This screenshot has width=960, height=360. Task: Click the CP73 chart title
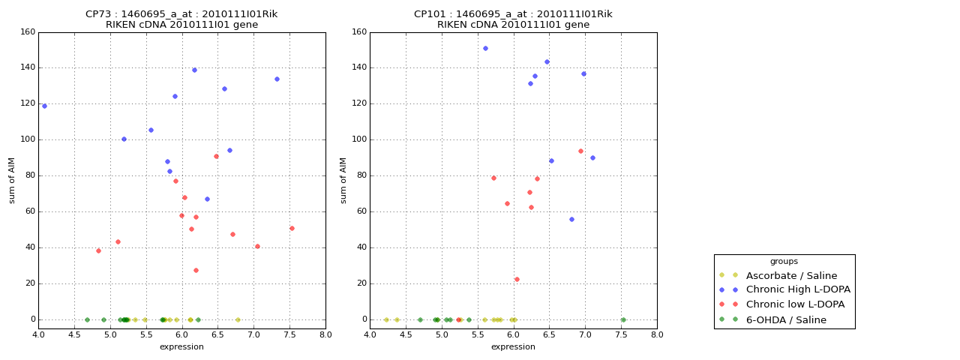(181, 19)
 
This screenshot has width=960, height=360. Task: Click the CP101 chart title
(513, 19)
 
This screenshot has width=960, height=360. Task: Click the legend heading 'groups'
(784, 262)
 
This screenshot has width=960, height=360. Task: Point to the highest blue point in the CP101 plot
(485, 48)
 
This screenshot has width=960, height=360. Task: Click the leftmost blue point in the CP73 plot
(44, 106)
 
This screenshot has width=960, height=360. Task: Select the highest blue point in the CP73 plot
(194, 70)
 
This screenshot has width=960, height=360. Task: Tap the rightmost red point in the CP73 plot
(292, 228)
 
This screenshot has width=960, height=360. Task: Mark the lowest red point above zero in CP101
(517, 279)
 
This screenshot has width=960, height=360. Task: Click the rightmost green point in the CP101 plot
(622, 319)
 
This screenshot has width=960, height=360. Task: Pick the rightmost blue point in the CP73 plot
(277, 79)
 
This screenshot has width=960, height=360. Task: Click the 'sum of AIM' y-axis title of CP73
(12, 180)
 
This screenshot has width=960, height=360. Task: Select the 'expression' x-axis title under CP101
(513, 346)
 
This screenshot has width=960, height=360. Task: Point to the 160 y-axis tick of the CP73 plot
(28, 32)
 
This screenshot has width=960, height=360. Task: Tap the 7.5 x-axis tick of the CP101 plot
(621, 334)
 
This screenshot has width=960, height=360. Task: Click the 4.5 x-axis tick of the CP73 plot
(74, 334)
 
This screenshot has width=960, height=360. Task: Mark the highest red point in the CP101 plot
(580, 151)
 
